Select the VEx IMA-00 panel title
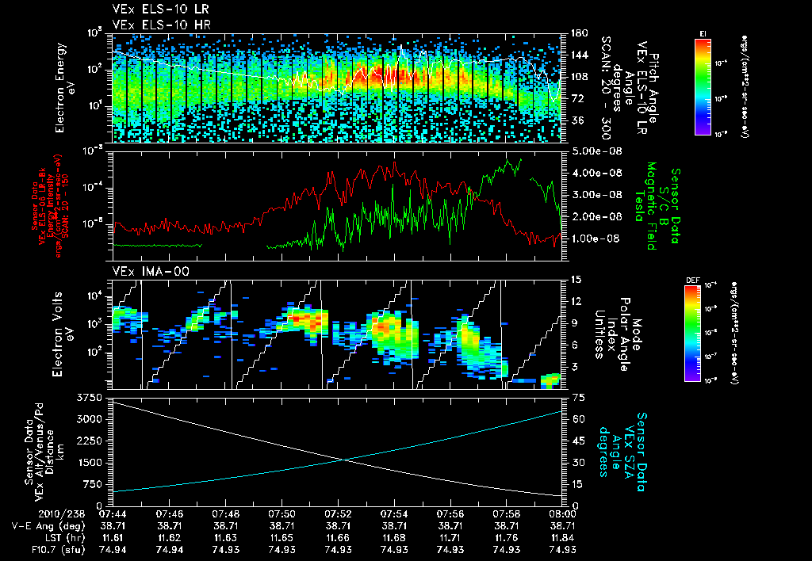(145, 271)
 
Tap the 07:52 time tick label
(339, 513)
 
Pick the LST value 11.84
(562, 537)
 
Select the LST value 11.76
(506, 537)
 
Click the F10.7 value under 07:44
(115, 549)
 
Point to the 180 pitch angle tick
(578, 33)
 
